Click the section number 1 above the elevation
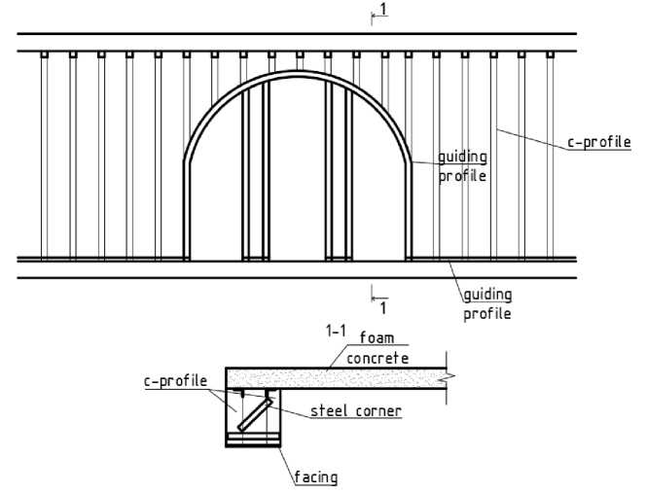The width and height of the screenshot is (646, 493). [383, 9]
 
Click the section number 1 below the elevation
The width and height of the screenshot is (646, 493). [383, 307]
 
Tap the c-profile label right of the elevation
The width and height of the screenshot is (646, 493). [598, 142]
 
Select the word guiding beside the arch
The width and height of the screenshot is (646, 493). [462, 156]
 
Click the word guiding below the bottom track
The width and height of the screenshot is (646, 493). [487, 294]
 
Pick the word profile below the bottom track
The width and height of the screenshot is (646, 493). [487, 314]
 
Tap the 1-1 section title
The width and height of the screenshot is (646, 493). [337, 333]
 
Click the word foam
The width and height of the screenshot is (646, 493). [378, 337]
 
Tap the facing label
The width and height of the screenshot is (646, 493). [316, 477]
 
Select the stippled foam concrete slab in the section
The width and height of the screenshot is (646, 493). [341, 379]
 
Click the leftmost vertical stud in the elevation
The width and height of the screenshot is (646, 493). [43, 156]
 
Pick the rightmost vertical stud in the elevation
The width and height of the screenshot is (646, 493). [550, 156]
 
